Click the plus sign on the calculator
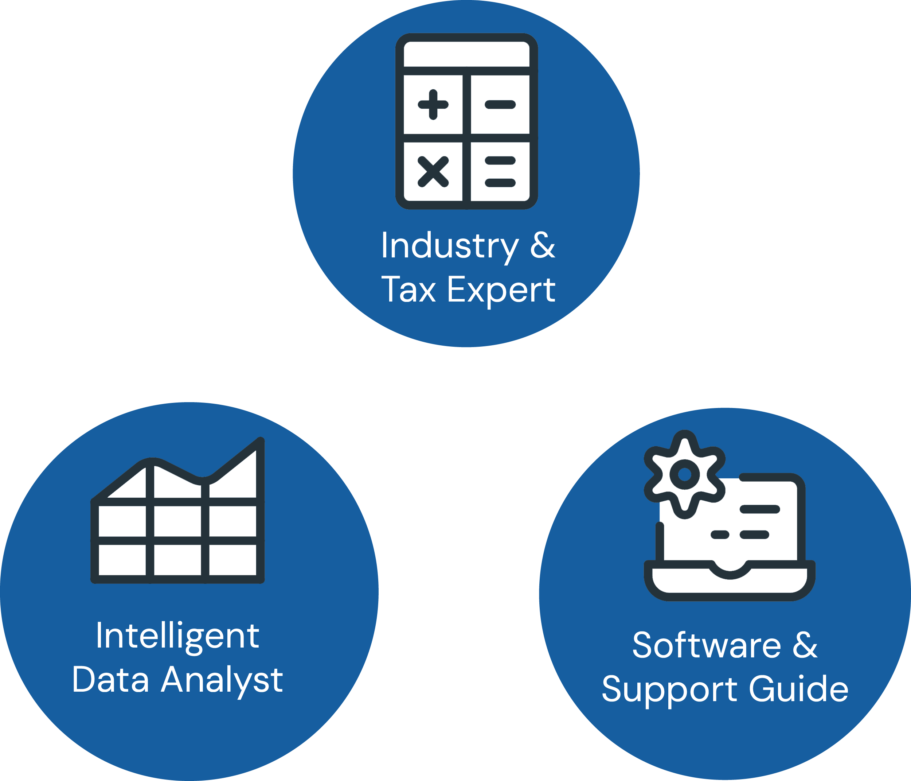[433, 104]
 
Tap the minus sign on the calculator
[500, 104]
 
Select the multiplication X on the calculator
[433, 172]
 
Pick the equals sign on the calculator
[500, 172]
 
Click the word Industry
[450, 246]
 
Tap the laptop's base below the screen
[730, 583]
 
